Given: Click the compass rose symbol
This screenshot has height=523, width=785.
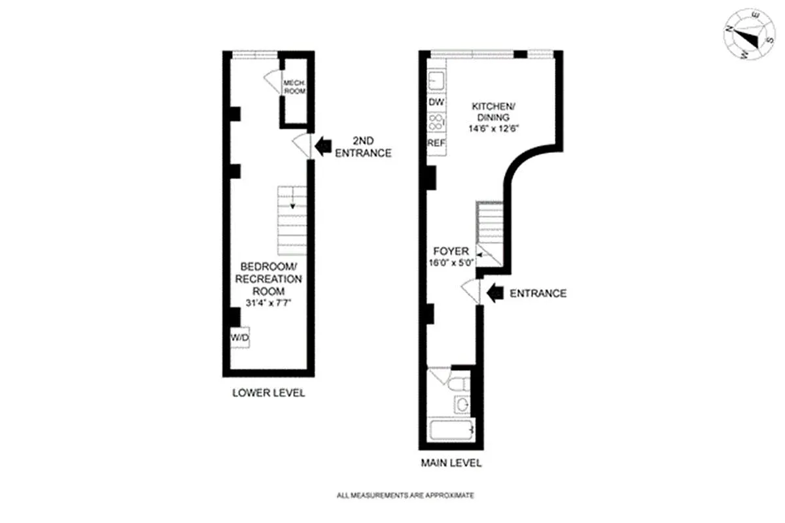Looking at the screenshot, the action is click(749, 34).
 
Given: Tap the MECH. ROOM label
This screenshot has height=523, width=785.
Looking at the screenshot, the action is click(294, 87).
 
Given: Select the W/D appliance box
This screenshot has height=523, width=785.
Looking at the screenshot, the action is click(239, 337).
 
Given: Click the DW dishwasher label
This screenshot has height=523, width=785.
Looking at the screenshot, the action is click(436, 102).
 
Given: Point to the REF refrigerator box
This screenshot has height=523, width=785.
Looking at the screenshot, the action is click(436, 143).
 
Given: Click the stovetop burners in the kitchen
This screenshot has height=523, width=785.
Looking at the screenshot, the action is click(436, 122).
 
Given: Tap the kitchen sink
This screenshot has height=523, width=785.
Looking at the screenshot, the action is click(436, 80).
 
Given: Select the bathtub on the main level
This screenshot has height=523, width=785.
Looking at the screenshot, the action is click(452, 430).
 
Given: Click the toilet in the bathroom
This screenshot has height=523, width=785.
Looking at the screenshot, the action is click(459, 384).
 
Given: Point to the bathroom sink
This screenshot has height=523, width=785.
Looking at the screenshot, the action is click(462, 405).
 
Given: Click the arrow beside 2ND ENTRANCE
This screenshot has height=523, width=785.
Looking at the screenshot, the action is click(323, 146).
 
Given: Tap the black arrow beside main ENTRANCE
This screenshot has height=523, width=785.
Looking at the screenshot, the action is click(495, 293).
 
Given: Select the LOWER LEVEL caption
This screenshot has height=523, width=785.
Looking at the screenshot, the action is click(269, 393).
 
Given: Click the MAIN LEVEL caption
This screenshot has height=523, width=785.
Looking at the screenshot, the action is click(451, 463).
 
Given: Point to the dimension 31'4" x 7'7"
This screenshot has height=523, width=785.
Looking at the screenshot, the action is click(268, 303).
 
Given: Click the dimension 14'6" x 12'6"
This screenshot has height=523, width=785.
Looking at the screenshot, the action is click(493, 129).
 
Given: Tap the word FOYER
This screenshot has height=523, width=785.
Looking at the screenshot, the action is click(451, 251).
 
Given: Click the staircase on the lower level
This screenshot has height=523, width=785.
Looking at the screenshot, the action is click(292, 220).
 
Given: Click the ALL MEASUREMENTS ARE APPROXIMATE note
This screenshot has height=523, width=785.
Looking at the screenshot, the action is click(405, 496).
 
